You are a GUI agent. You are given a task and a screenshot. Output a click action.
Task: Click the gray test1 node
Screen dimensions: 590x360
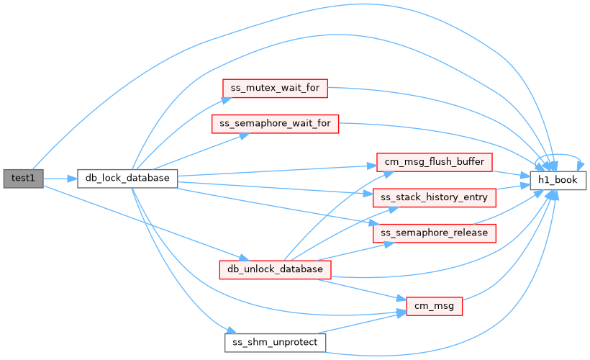(23, 179)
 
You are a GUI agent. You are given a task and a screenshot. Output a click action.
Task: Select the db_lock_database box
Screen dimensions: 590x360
(127, 179)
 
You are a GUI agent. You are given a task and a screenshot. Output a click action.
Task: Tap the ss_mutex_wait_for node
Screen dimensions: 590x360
(275, 89)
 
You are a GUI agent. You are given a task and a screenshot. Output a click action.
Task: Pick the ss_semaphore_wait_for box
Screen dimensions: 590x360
(275, 124)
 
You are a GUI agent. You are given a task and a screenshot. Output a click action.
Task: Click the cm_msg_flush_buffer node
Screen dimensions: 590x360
(434, 162)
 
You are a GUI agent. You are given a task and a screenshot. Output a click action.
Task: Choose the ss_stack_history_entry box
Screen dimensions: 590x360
(434, 198)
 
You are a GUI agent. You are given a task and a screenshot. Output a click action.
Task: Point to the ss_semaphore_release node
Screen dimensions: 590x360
(434, 233)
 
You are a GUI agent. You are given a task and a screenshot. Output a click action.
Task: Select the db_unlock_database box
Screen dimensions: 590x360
(275, 269)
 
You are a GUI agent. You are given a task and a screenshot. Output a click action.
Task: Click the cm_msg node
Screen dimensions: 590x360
(434, 306)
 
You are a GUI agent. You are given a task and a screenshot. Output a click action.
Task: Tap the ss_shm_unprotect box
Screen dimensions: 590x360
(275, 343)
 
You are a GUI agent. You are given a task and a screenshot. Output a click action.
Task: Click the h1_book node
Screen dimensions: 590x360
(558, 181)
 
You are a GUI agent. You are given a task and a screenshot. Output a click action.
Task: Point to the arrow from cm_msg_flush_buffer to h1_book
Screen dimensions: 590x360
(511, 174)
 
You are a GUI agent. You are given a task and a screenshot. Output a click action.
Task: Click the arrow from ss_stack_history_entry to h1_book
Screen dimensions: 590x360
(513, 186)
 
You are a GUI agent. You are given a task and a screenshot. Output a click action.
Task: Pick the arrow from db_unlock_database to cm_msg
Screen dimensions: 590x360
(361, 289)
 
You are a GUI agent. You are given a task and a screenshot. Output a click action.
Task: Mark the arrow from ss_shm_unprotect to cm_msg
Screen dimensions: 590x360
(361, 323)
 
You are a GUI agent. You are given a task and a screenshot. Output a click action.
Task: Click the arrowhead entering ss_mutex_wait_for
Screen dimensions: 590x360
(227, 100)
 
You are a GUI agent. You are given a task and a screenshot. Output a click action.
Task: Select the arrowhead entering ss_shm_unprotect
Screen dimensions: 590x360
(232, 330)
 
